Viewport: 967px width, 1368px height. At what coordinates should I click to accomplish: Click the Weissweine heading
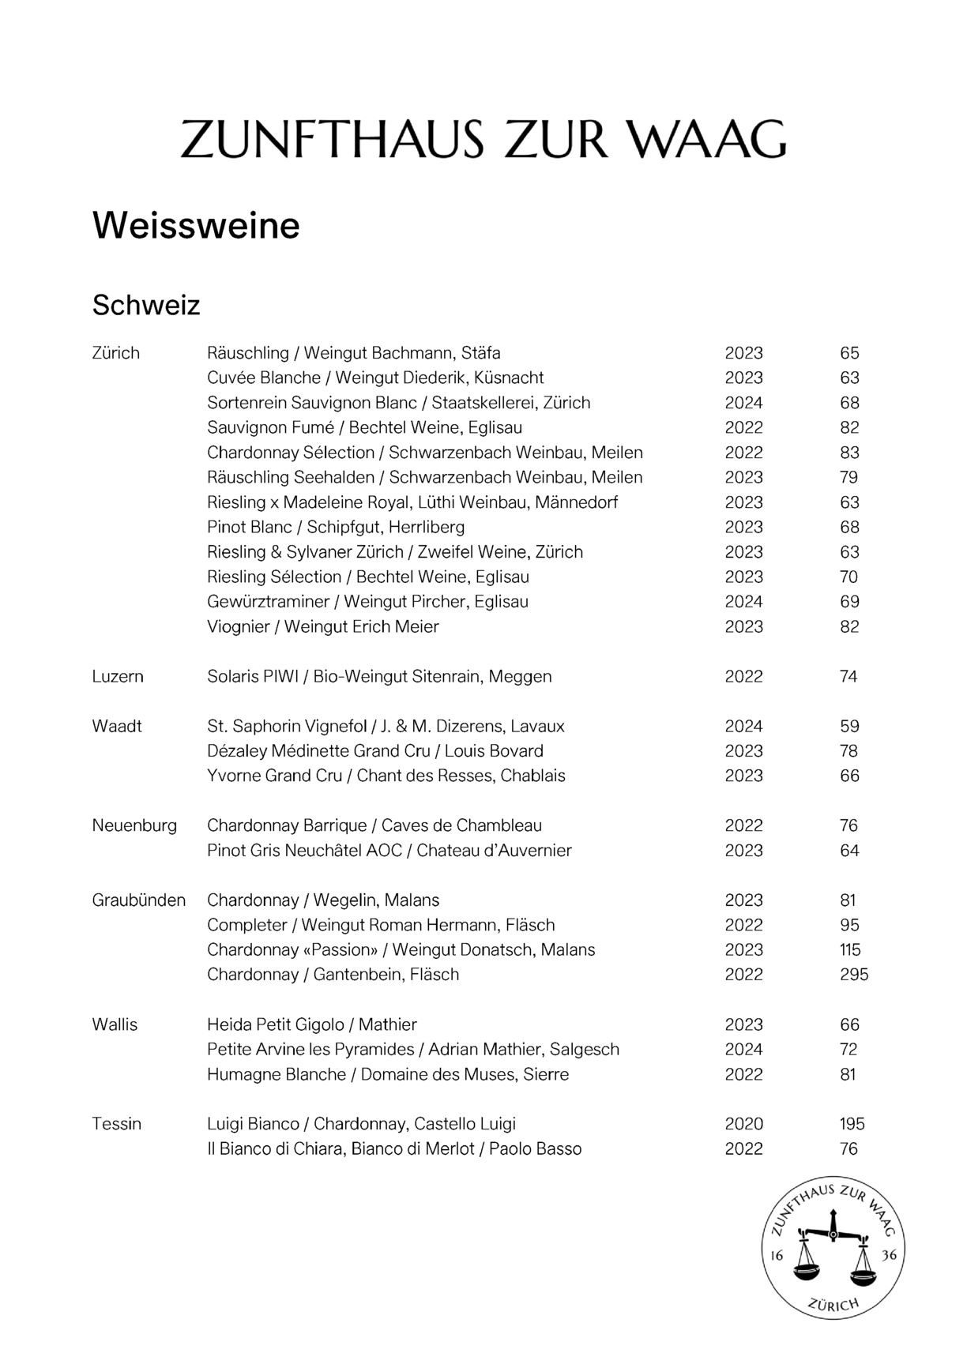tap(196, 226)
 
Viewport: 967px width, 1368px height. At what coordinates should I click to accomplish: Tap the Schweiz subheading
tap(146, 305)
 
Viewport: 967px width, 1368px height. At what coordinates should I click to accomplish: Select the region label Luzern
tap(118, 677)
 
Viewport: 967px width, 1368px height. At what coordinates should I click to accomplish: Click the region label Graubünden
tap(139, 900)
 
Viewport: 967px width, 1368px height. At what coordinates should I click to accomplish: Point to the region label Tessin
tap(117, 1124)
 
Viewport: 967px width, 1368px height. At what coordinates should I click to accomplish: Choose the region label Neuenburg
tap(134, 826)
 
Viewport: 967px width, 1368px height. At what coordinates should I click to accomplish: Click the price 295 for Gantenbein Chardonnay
tap(853, 975)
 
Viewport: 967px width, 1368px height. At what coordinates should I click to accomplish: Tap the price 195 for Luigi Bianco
tap(852, 1124)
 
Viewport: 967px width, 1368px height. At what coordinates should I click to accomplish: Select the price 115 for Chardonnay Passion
tap(850, 950)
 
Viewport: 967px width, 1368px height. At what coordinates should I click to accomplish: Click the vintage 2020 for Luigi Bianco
tap(743, 1124)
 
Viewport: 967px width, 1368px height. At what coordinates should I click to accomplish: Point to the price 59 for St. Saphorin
tap(849, 727)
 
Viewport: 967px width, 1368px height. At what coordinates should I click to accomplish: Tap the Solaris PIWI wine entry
tap(379, 677)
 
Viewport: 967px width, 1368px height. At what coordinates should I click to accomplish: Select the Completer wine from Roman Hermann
tap(381, 925)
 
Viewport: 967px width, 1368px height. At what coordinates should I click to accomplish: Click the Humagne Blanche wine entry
tap(387, 1074)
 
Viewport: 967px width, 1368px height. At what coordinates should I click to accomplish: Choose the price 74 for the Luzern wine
tap(849, 677)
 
